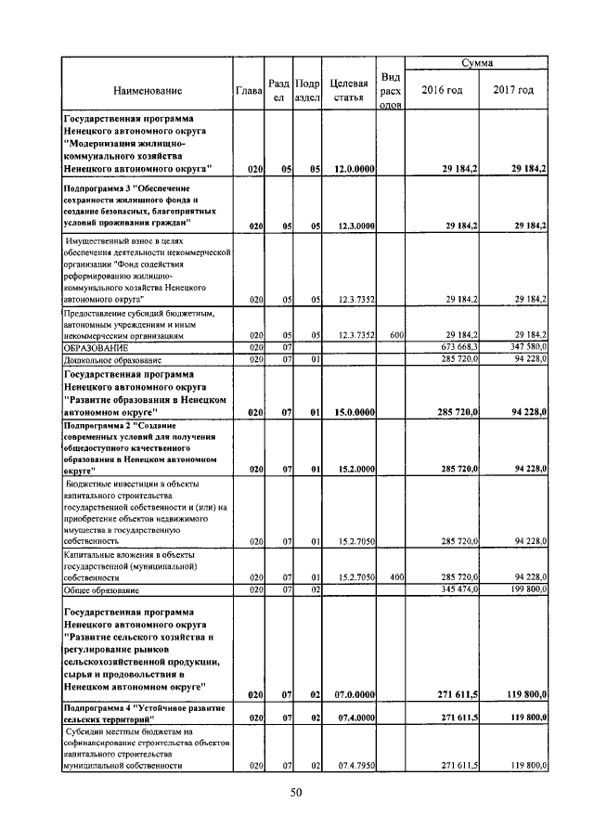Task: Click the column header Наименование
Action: coord(148,90)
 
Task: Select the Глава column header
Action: coord(249,90)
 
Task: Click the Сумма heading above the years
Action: coord(477,63)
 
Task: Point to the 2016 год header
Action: coord(442,90)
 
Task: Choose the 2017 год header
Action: coord(513,90)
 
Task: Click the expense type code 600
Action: coord(395,336)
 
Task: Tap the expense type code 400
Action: coord(395,577)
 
